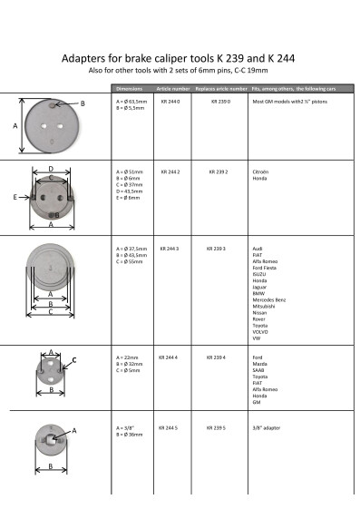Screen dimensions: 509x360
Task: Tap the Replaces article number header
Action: [x=221, y=89]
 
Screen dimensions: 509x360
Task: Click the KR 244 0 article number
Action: [x=170, y=103]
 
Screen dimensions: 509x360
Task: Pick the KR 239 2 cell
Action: [x=218, y=171]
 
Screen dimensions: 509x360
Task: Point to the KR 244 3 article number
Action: [x=170, y=247]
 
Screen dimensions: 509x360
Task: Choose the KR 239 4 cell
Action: [x=218, y=357]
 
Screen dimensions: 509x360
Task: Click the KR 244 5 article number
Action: [x=170, y=426]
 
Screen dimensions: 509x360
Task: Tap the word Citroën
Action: [x=259, y=171]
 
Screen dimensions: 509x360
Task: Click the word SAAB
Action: [x=258, y=369]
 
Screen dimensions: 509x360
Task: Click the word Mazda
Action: [x=258, y=363]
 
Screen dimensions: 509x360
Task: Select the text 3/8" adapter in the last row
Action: [x=267, y=426]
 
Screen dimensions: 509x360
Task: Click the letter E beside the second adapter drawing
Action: [x=15, y=195]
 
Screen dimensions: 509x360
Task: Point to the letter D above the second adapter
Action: [x=50, y=169]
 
